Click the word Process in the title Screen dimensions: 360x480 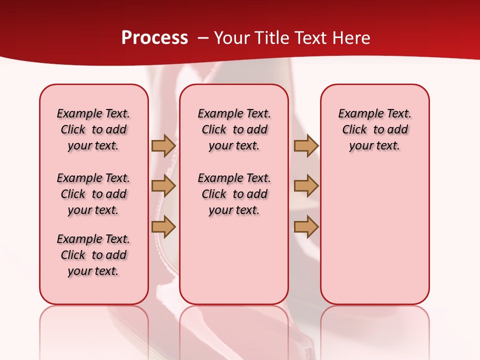point(154,38)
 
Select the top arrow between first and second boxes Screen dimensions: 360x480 point(163,145)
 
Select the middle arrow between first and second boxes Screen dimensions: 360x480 point(163,186)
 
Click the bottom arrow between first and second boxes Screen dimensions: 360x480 point(163,227)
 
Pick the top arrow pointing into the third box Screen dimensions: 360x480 point(305,145)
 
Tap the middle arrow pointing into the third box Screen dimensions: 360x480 point(305,186)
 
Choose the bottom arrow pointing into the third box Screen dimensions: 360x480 point(305,227)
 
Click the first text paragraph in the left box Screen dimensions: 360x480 point(93,129)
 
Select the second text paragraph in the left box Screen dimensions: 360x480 point(93,194)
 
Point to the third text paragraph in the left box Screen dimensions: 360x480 point(93,255)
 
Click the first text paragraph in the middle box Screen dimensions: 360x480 point(234,129)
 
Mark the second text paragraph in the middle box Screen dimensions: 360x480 point(234,194)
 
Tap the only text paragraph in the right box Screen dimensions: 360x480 point(374,129)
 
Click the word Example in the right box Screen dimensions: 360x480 point(356,113)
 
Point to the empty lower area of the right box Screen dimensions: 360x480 point(374,235)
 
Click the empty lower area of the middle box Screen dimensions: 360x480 point(234,260)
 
